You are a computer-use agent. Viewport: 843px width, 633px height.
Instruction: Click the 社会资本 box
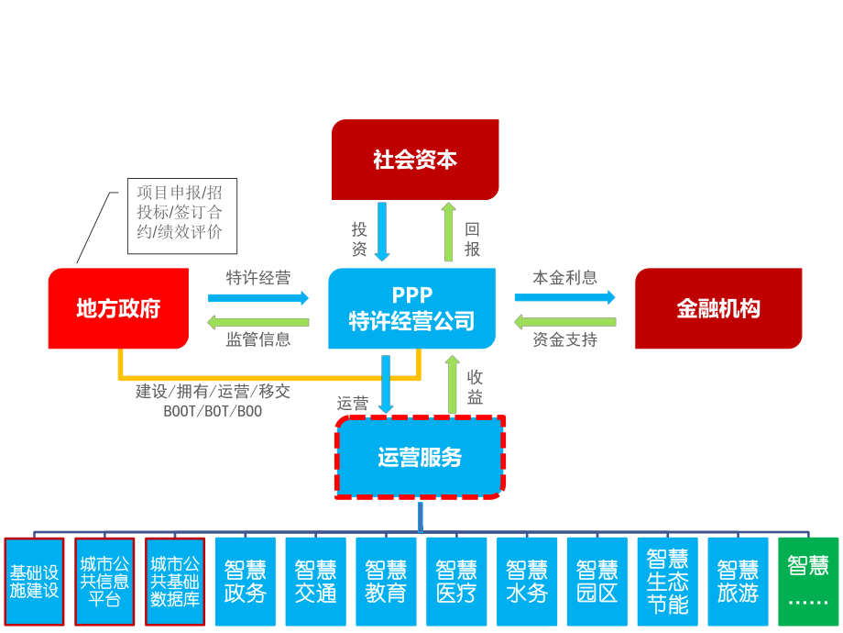pos(415,160)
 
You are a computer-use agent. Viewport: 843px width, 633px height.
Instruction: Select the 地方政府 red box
pos(118,308)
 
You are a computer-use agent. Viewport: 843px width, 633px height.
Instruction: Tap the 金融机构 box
pos(718,308)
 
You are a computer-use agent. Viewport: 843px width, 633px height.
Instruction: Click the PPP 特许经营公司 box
pos(411,308)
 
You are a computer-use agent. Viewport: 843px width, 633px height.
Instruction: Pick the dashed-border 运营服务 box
pos(420,457)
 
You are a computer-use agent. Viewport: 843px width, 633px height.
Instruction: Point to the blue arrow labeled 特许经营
pos(258,297)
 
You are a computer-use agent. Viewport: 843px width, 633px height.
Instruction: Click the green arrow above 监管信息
pos(258,322)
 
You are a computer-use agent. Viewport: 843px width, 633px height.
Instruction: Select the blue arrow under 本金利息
pos(564,297)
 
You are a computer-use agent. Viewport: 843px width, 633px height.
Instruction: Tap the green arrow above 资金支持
pos(564,322)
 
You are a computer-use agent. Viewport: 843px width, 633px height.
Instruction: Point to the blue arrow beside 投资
pos(383,231)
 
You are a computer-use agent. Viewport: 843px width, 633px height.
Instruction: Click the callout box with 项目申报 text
pos(181,217)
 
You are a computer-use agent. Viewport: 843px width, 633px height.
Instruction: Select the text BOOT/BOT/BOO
pos(213,412)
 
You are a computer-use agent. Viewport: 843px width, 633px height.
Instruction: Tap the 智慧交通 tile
pos(315,582)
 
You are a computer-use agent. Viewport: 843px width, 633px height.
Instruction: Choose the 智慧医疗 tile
pos(456,582)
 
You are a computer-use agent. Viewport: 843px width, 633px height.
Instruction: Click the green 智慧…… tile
pos(807,582)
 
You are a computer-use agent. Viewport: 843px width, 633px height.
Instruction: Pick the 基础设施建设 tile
pos(34,582)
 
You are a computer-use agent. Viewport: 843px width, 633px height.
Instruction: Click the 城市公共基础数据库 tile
pos(175,582)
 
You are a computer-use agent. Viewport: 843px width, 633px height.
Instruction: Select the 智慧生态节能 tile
pos(667,582)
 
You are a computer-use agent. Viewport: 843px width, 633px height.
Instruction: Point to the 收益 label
pos(475,387)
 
